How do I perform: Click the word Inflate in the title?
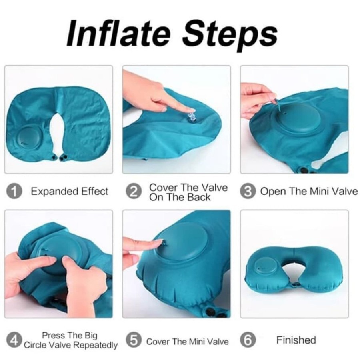pyautogui.click(x=120, y=34)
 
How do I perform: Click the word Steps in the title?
pyautogui.click(x=232, y=34)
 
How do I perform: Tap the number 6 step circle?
pyautogui.click(x=248, y=341)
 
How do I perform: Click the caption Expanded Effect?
pyautogui.click(x=70, y=192)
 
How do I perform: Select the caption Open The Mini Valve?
pyautogui.click(x=309, y=192)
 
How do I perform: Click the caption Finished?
pyautogui.click(x=296, y=340)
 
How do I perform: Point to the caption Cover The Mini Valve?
pyautogui.click(x=188, y=342)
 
